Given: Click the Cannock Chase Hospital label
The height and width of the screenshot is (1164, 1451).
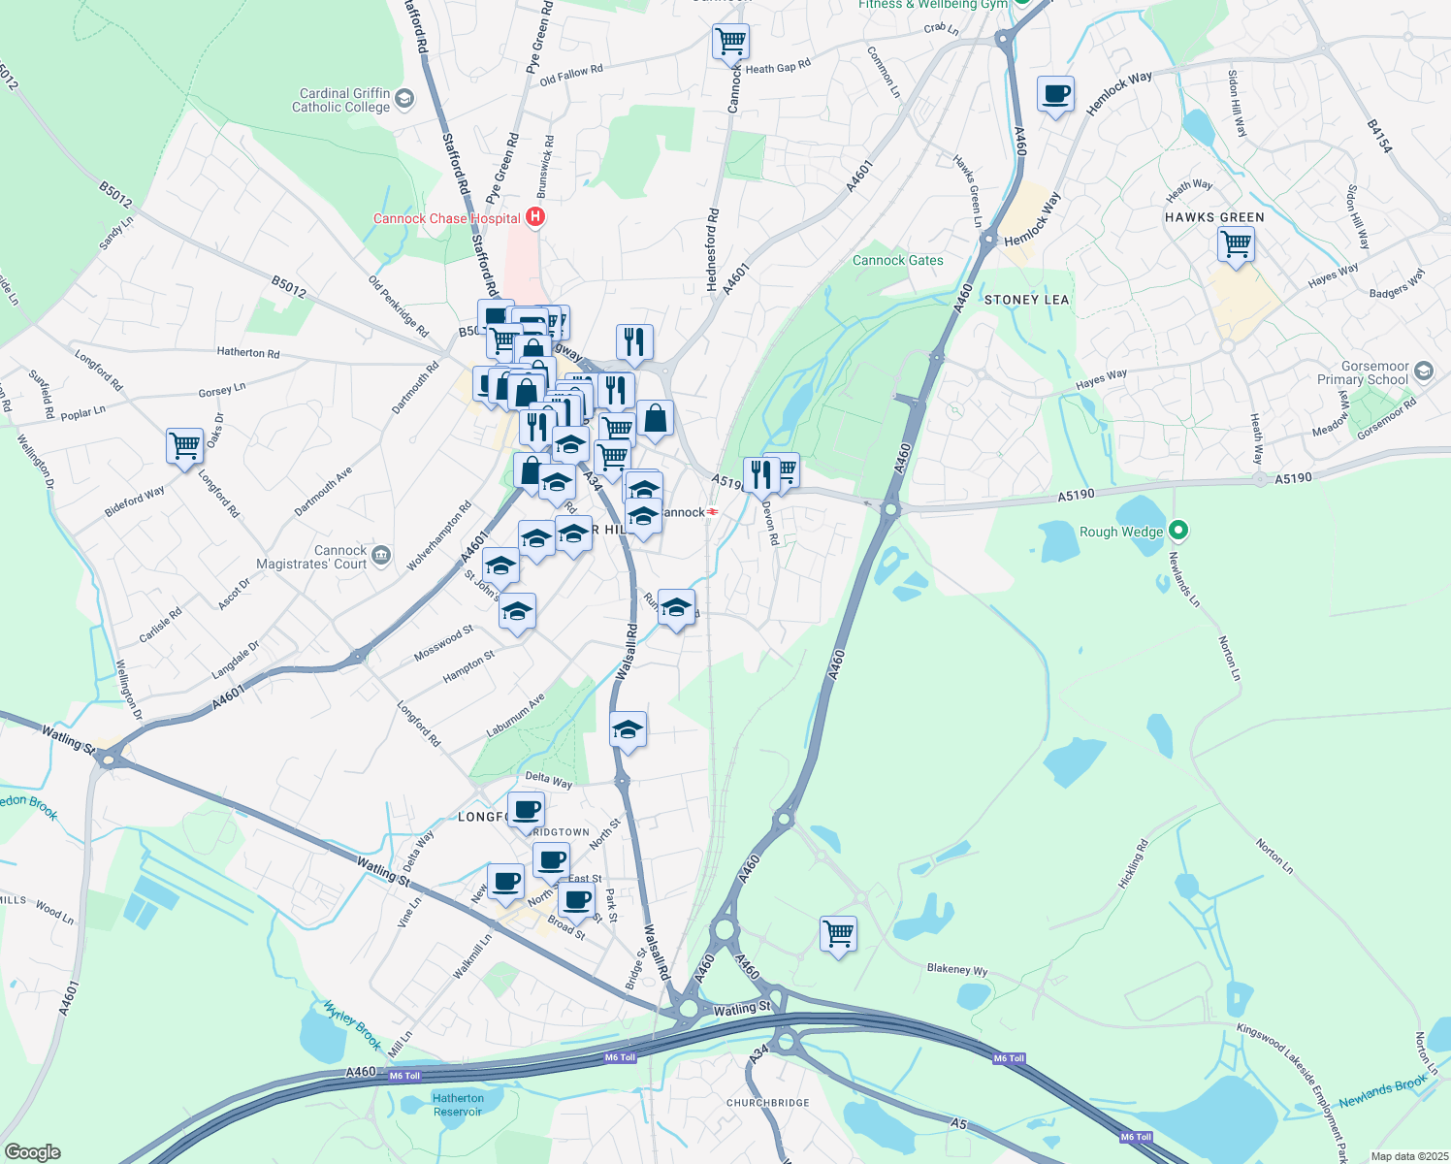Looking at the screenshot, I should click(447, 218).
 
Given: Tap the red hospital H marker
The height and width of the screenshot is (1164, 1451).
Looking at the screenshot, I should click(534, 217).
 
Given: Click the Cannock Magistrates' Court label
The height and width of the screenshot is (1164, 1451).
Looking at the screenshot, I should click(311, 557).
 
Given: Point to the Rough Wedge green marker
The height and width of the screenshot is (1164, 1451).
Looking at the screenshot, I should click(1178, 531).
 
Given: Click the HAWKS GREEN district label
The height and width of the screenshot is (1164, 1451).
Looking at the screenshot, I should click(1214, 217).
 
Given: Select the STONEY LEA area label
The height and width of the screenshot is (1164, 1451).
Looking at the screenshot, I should click(1026, 300).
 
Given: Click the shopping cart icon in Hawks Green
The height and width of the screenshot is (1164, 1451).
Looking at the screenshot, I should click(1236, 244).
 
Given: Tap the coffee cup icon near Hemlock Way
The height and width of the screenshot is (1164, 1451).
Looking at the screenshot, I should click(1055, 94).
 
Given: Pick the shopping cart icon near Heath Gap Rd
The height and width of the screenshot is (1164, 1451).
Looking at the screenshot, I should click(730, 42).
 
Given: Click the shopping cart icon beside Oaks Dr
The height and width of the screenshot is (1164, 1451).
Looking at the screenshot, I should click(184, 446).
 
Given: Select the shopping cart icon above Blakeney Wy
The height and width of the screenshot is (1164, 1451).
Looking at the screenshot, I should click(838, 934).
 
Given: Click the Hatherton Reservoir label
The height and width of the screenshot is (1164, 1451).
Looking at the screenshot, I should click(458, 1105).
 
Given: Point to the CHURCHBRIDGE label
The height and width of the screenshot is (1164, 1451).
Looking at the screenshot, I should click(767, 1103).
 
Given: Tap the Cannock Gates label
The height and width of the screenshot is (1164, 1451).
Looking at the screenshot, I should click(897, 260).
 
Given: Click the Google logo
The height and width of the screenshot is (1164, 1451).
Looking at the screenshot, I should click(32, 1152).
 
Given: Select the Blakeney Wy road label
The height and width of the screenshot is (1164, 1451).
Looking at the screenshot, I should click(956, 969).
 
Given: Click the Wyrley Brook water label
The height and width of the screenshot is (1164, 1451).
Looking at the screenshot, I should click(352, 1025).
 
